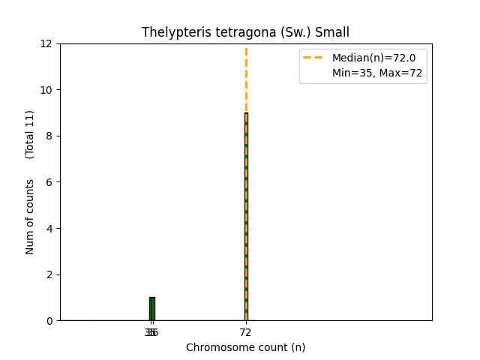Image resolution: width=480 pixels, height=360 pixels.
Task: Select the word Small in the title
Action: pos(332,32)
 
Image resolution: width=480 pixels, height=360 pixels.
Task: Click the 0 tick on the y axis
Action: pos(52,321)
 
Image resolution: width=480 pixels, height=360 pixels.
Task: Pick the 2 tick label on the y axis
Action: pos(52,274)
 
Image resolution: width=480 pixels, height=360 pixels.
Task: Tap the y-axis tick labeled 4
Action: pos(52,229)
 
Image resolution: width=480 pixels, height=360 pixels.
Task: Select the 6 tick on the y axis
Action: pos(52,182)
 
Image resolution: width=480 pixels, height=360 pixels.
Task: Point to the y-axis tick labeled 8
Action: pos(52,136)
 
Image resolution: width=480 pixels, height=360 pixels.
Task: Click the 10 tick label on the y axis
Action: pos(49,90)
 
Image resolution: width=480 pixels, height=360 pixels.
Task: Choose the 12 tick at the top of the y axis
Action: pos(49,44)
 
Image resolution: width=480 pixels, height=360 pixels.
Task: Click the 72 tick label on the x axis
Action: pos(246,332)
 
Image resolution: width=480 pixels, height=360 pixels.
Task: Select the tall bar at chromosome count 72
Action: pos(246,217)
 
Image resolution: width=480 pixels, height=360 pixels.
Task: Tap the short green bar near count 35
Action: pos(151,309)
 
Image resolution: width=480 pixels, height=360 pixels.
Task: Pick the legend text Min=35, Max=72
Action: pos(377,73)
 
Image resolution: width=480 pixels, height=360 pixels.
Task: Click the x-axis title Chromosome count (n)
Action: pos(246,347)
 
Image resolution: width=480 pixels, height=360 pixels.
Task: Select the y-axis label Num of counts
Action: pos(31,216)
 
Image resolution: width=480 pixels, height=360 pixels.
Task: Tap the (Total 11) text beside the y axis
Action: pos(31,134)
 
